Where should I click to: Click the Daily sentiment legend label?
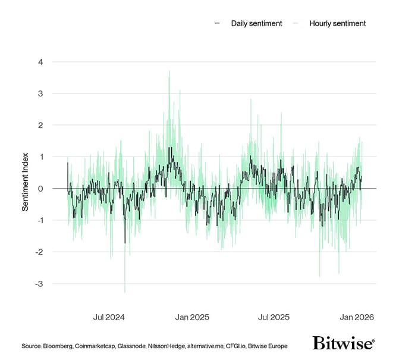[256, 23]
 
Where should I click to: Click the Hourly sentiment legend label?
[337, 23]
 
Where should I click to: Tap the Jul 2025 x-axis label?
[274, 317]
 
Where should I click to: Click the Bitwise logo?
[343, 344]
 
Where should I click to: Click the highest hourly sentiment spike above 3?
[169, 71]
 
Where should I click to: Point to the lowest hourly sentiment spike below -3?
[125, 292]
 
